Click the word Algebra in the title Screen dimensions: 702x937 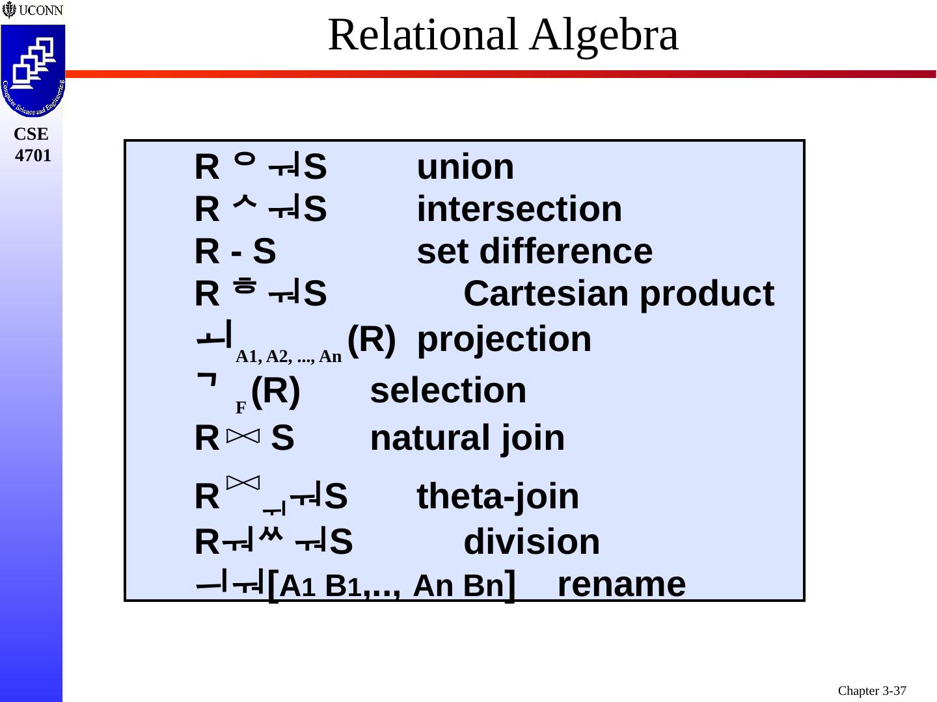(x=604, y=35)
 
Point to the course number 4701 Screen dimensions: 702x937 (x=33, y=156)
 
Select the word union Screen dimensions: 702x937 (x=465, y=168)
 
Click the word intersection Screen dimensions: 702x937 (x=519, y=209)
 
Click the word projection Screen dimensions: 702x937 (x=504, y=339)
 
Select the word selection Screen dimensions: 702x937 (x=448, y=391)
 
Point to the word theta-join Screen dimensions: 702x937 (x=498, y=497)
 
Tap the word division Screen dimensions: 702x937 (x=532, y=542)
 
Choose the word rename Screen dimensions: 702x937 (x=621, y=584)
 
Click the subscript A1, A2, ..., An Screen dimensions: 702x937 (x=288, y=356)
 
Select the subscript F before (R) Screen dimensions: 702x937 (x=241, y=408)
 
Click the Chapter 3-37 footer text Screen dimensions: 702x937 (x=872, y=691)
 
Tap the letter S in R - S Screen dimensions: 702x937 (x=264, y=252)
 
